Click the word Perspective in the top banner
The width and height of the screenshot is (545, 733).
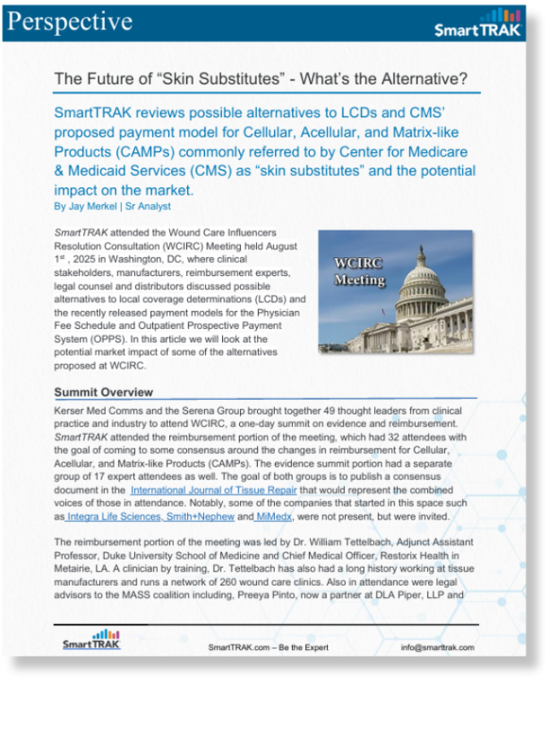(68, 22)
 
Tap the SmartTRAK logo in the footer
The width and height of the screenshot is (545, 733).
(91, 639)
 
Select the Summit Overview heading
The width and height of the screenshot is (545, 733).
(103, 392)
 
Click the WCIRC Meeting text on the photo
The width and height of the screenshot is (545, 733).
(359, 272)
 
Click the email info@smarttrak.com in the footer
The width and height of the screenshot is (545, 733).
(437, 647)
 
